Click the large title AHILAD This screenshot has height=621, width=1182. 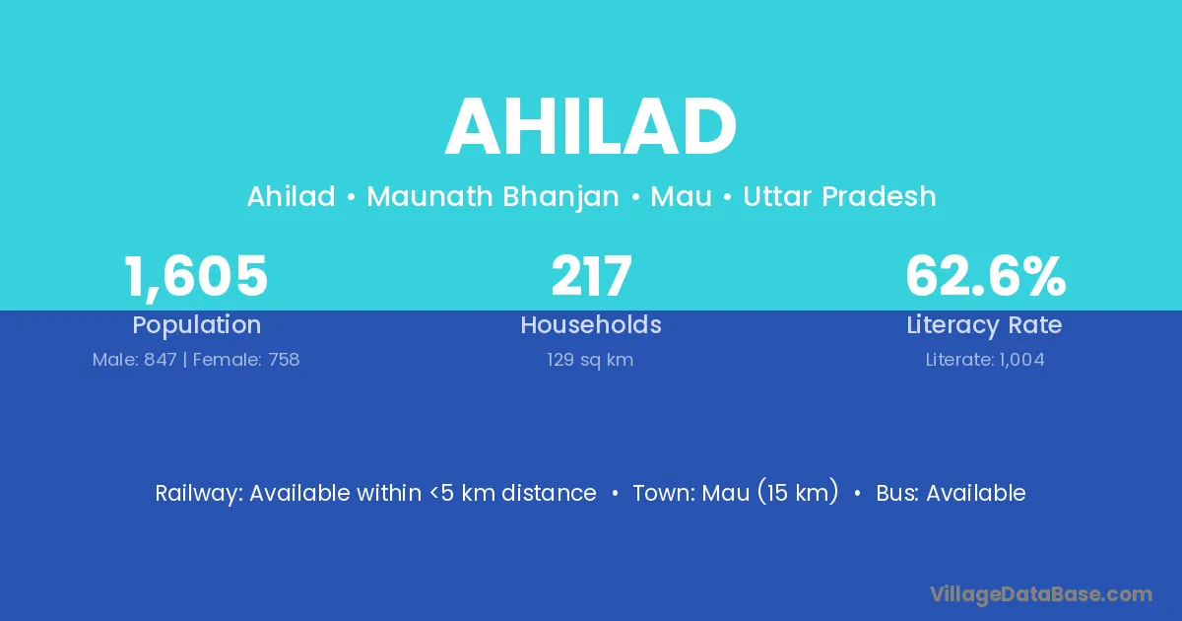pos(590,127)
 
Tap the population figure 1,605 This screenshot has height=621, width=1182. pos(196,276)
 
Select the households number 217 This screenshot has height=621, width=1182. pos(591,275)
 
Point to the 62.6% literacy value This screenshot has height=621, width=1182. pos(986,275)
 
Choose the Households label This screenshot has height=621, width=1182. pos(591,324)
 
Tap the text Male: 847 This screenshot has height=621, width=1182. pos(135,360)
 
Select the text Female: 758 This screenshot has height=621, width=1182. pos(246,360)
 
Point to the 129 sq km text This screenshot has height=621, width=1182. pos(590,361)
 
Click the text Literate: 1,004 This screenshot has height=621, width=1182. pos(985,360)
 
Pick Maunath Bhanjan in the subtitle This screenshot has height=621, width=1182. pos(492,197)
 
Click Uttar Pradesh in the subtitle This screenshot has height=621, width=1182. pos(839,196)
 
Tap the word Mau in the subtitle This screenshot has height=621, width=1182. pos(682,196)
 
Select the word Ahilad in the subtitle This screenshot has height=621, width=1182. pos(292,196)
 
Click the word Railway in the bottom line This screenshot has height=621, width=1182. pos(199,494)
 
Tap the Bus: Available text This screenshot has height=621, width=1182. pos(951,493)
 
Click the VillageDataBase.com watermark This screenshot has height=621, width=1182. pos(1041,594)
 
